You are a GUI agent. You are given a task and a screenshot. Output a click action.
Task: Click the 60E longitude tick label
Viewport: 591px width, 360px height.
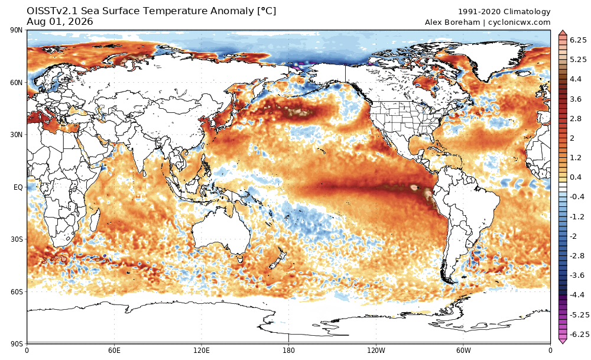pos(114,351)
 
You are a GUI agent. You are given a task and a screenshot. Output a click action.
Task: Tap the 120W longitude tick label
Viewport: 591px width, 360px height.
pos(376,351)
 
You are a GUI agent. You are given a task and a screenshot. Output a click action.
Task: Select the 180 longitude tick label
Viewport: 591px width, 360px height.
pos(289,351)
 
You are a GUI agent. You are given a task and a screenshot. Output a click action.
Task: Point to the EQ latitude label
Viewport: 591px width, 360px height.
pos(18,187)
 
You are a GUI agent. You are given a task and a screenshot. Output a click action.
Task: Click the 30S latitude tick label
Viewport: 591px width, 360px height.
pos(17,239)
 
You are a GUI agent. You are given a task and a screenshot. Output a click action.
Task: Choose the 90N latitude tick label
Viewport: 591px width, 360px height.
pos(17,30)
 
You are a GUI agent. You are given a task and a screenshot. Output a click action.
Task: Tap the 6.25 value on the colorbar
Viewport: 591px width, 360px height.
pos(578,40)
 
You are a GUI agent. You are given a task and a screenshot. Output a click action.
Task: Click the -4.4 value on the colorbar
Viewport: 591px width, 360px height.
pos(577,295)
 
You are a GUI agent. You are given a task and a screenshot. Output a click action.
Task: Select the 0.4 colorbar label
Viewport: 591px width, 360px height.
pos(576,177)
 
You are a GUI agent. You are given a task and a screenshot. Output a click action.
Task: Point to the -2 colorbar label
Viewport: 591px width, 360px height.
pos(573,236)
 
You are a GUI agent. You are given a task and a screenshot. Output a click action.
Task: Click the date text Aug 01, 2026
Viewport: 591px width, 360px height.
pos(60,22)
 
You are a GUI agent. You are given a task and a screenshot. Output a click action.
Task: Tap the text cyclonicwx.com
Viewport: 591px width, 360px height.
pos(519,22)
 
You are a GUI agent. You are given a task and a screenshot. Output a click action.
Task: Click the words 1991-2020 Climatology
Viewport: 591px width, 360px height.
pos(504,12)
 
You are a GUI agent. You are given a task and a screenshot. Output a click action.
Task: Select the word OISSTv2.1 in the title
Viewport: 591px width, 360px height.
pos(52,11)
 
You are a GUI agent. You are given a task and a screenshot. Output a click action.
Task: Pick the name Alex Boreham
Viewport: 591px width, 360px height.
pos(452,22)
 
